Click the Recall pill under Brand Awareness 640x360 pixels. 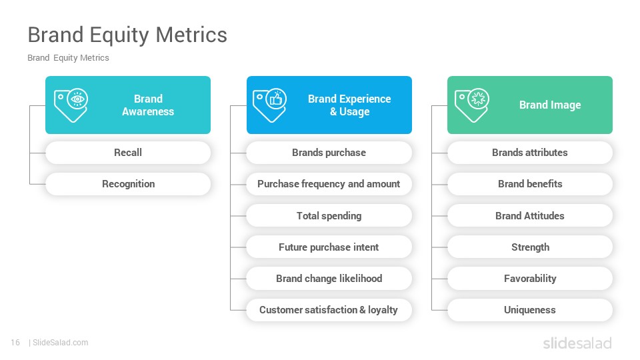(x=128, y=153)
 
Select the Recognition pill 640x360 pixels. (x=128, y=184)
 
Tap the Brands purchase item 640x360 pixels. (x=329, y=153)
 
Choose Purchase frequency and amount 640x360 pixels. (x=329, y=184)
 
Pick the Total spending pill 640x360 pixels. (x=329, y=215)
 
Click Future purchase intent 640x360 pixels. (x=329, y=247)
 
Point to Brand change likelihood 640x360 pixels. (x=329, y=279)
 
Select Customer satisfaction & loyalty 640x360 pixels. (x=329, y=310)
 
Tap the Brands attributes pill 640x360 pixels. (x=530, y=153)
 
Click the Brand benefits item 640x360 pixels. (x=530, y=184)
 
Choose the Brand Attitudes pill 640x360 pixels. (x=530, y=215)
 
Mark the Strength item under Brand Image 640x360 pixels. (x=530, y=247)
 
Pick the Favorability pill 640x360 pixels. (x=530, y=279)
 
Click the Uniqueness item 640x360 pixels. (x=530, y=310)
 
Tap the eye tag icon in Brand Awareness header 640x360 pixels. (x=71, y=105)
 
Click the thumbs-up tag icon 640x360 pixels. (x=270, y=105)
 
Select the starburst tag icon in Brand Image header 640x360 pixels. (x=472, y=105)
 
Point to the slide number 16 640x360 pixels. (x=15, y=343)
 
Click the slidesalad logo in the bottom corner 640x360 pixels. (x=577, y=343)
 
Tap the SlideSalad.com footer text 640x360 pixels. (x=61, y=343)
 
